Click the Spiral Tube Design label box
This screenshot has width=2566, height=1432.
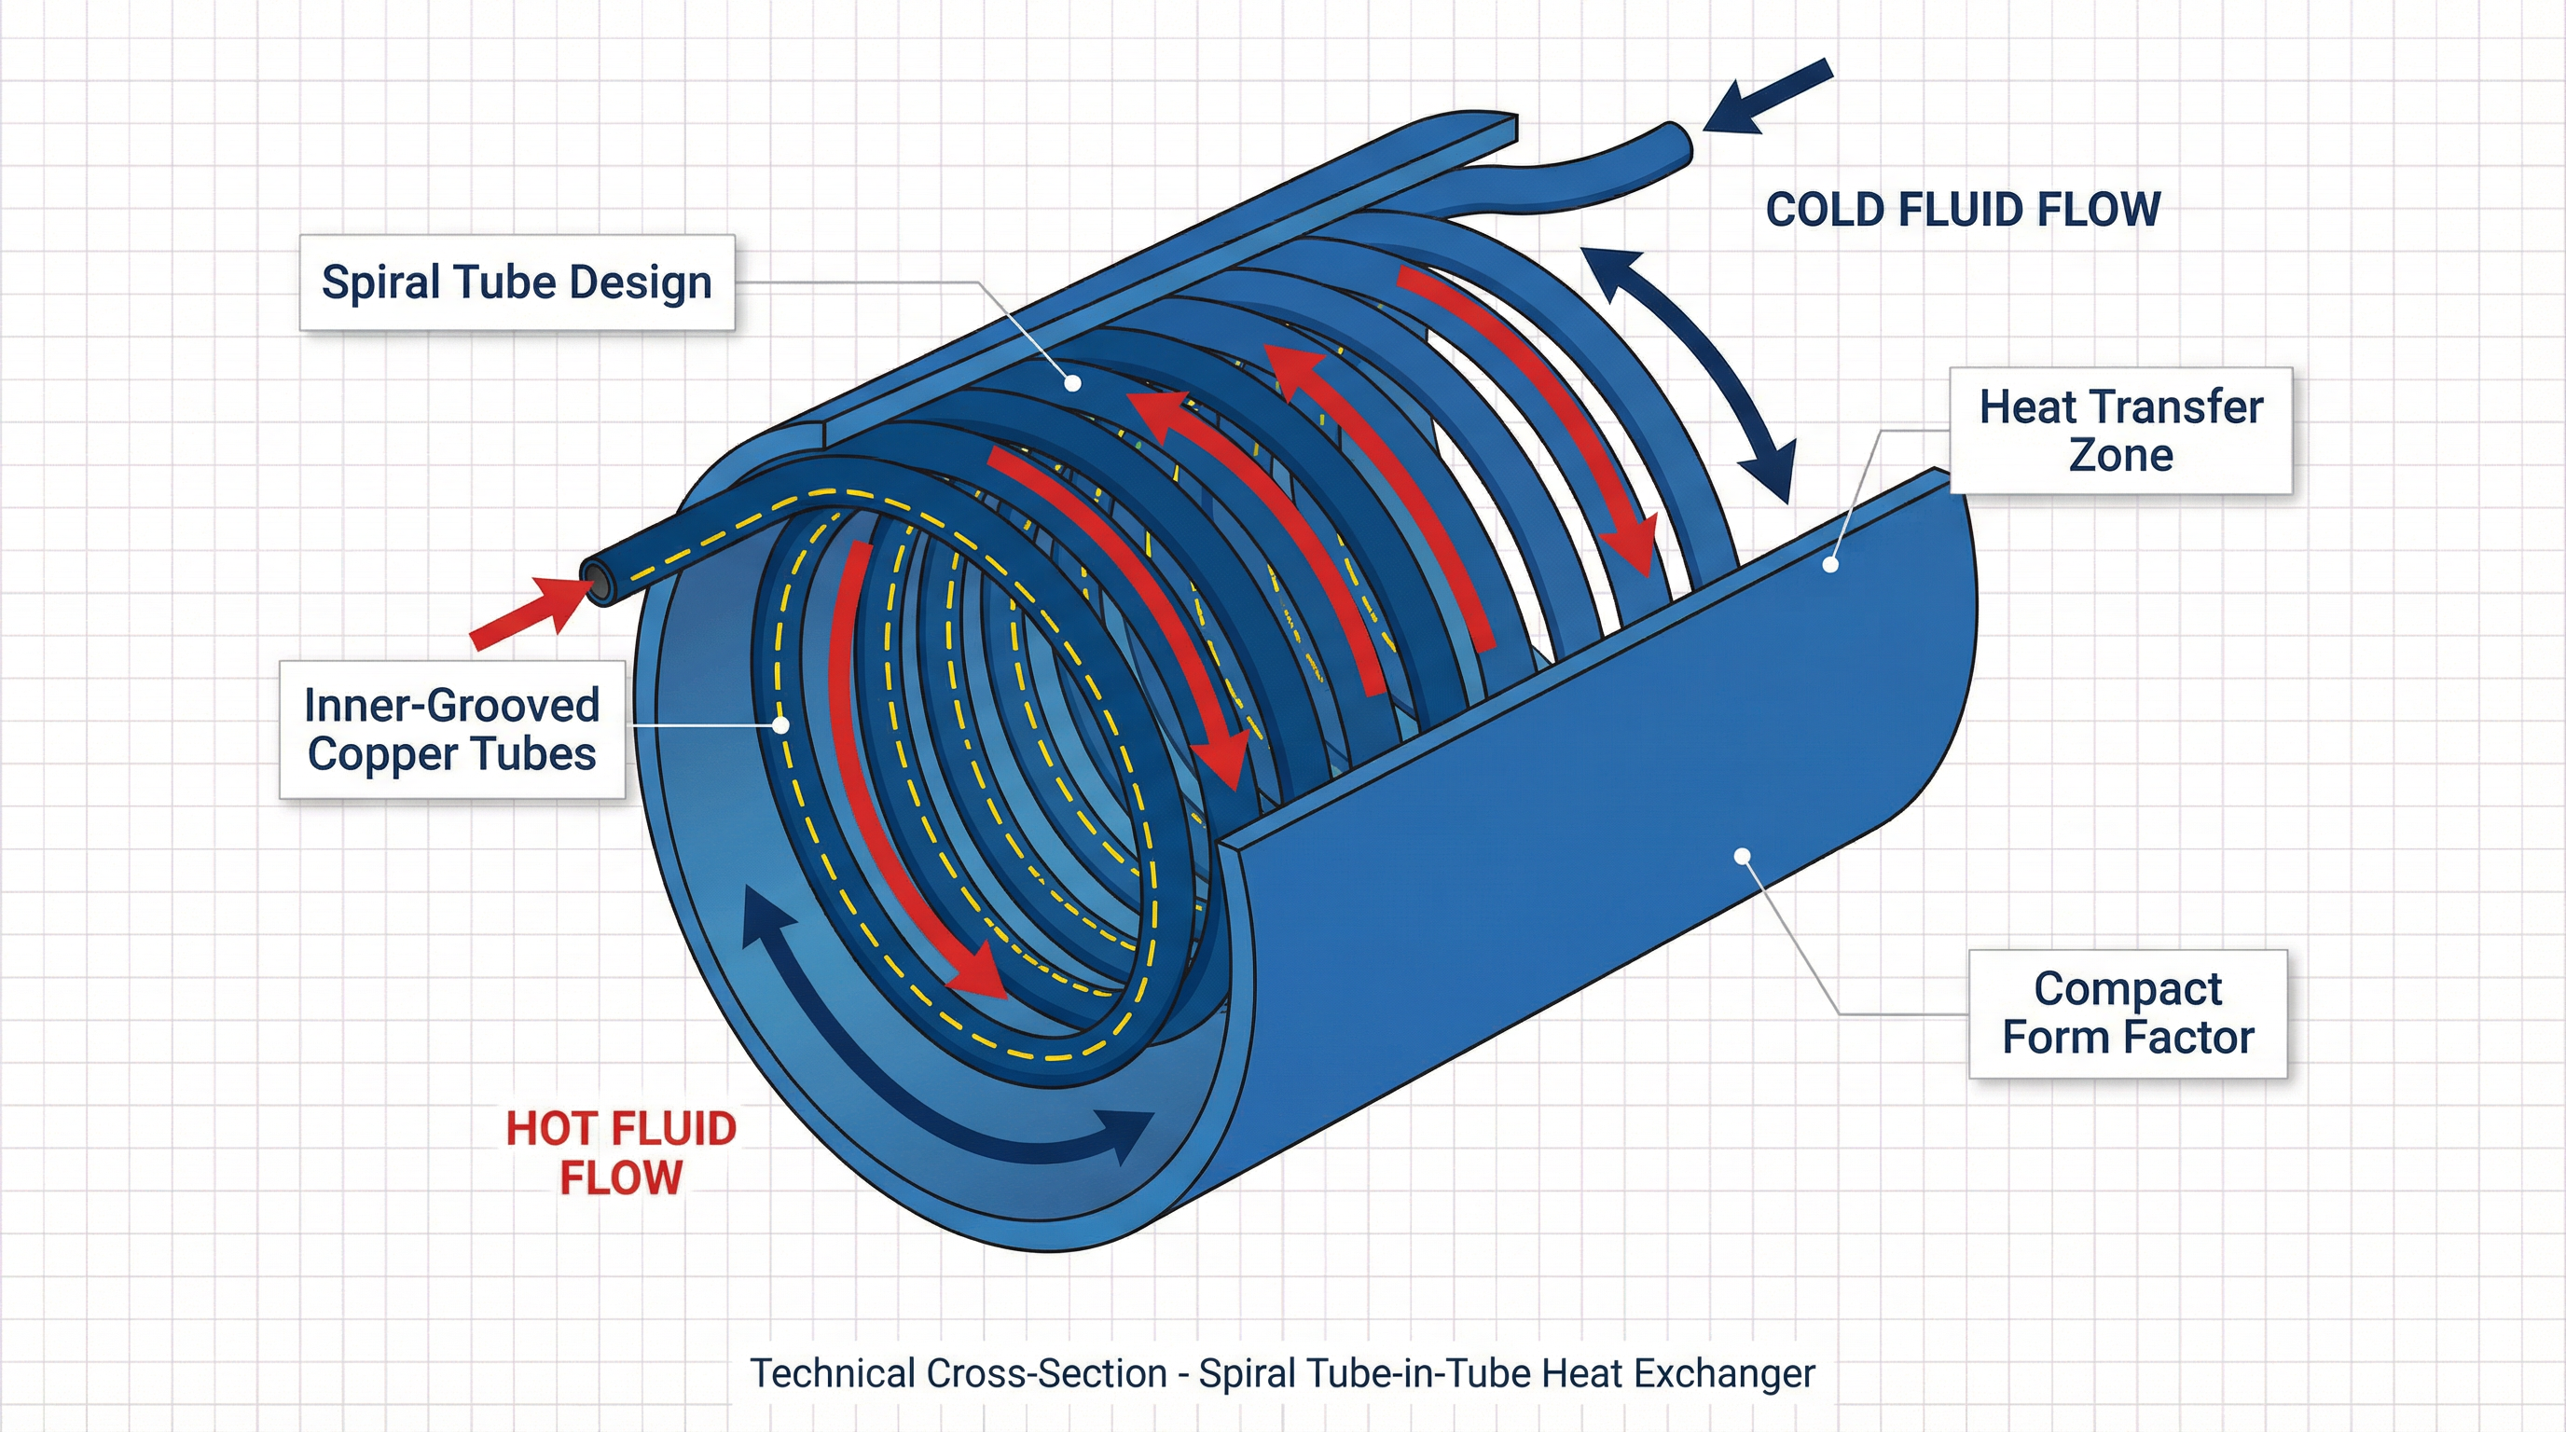[x=516, y=282]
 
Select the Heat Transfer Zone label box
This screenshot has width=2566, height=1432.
[x=2119, y=430]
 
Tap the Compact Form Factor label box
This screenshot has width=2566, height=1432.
[x=2127, y=1012]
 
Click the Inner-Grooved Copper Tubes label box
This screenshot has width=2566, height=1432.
[x=451, y=729]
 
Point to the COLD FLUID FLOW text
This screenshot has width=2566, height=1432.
[x=1963, y=210]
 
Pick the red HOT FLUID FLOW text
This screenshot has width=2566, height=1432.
[x=621, y=1153]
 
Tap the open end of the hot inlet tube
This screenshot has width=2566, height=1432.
[x=600, y=582]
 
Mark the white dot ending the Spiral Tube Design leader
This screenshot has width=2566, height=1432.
[x=1073, y=382]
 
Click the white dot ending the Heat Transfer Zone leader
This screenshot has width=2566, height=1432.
[x=1830, y=565]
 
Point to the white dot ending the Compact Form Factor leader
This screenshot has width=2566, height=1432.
[x=1742, y=856]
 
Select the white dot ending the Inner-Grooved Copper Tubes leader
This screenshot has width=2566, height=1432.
[x=781, y=726]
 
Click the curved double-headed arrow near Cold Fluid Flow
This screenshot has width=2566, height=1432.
[x=1693, y=374]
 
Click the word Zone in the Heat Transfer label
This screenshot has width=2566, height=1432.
[x=2119, y=456]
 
